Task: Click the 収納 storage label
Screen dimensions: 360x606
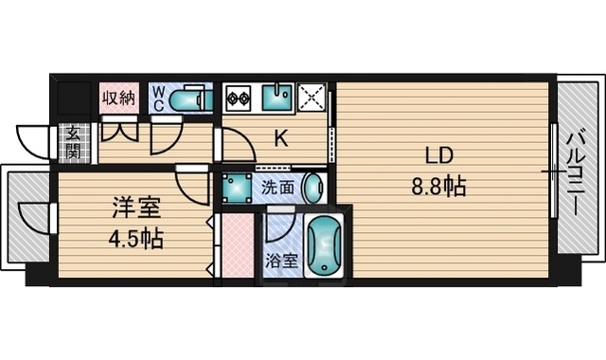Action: point(118,97)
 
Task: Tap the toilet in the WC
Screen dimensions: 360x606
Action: point(196,99)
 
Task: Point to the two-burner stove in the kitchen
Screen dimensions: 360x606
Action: point(237,98)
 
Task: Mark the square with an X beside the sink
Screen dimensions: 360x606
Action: point(311,98)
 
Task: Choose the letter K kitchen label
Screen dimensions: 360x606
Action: point(281,139)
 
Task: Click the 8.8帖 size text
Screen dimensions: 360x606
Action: point(437,186)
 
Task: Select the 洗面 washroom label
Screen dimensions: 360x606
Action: point(276,187)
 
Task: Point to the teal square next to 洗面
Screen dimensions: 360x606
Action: point(236,186)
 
